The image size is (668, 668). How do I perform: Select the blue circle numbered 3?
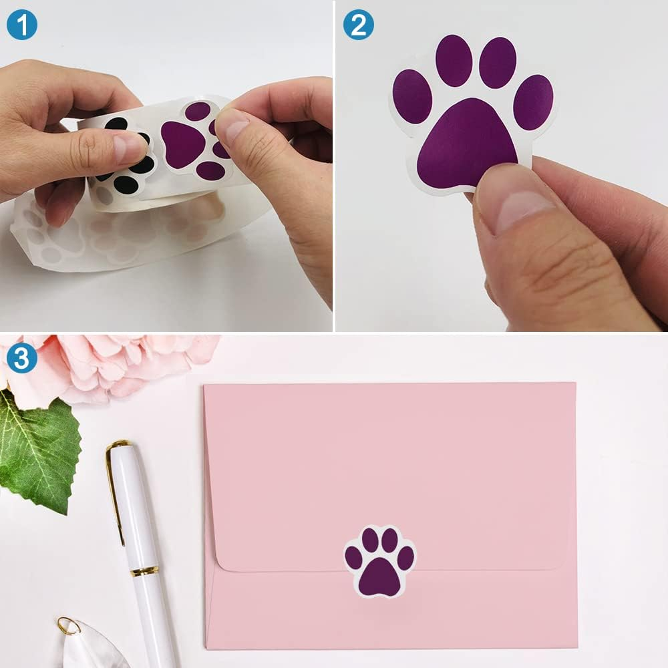[21, 359]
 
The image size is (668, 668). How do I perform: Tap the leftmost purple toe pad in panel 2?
[412, 96]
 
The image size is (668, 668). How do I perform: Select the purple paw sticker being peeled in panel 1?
[194, 142]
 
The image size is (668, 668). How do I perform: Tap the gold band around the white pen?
[144, 570]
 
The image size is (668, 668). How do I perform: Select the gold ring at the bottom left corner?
[67, 625]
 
